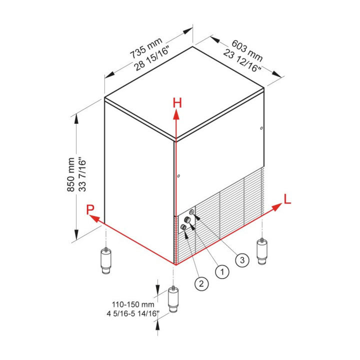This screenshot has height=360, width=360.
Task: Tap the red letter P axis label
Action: [90, 209]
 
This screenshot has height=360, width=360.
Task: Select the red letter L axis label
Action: [287, 199]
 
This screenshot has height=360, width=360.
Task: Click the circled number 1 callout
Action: [222, 272]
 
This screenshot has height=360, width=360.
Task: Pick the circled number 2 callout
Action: [201, 284]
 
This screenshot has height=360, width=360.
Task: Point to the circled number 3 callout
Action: [242, 260]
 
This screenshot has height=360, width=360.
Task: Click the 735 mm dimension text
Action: [146, 48]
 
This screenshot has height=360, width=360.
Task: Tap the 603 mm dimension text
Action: [247, 50]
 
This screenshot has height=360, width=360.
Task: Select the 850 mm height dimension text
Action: [71, 174]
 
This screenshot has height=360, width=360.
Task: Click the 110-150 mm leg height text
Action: [133, 304]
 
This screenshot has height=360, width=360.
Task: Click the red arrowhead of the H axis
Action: [176, 114]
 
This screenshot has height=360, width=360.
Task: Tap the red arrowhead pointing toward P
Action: [94, 218]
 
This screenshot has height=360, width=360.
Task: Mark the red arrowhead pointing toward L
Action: [276, 207]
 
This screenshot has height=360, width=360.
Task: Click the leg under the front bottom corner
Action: [173, 299]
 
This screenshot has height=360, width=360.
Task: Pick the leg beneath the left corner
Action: [106, 260]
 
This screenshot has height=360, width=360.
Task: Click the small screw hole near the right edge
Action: [261, 128]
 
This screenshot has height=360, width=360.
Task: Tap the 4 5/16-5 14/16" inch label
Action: [133, 313]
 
